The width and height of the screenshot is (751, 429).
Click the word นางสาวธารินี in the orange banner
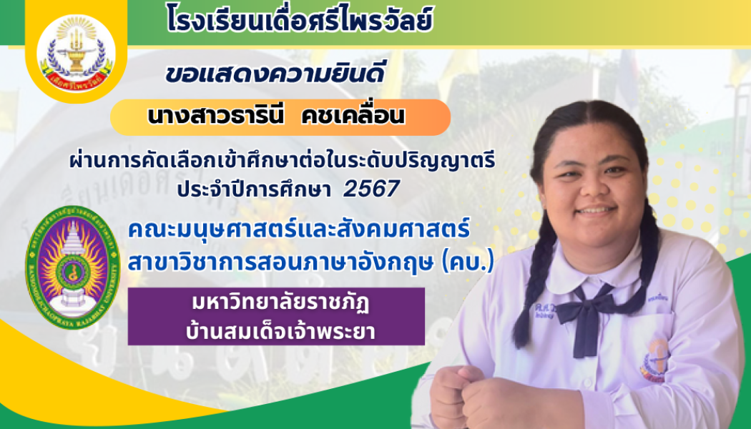coord(207,117)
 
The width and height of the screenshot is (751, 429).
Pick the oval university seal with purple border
coord(72,267)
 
